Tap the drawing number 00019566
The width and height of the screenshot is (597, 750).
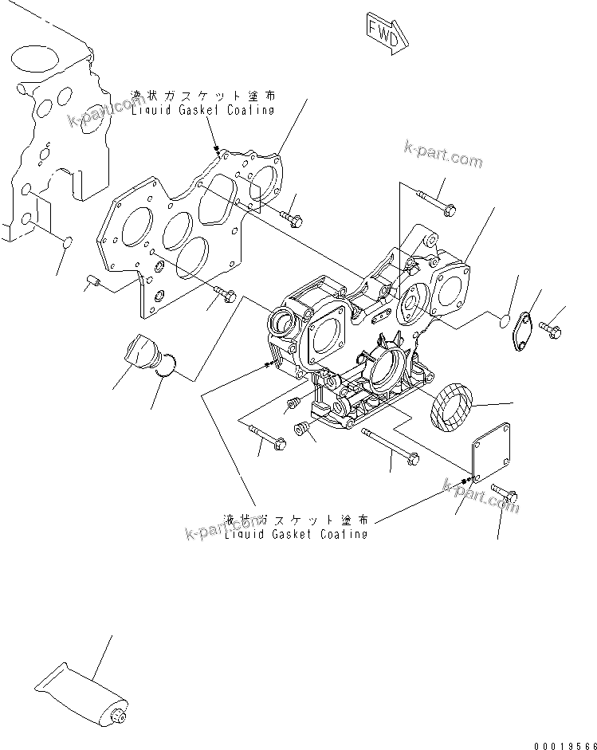coord(551,738)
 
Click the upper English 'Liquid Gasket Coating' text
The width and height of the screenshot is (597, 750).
coord(203,110)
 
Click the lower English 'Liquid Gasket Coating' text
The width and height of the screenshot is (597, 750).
coord(296,533)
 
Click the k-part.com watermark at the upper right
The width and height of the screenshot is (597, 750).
coord(443,155)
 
